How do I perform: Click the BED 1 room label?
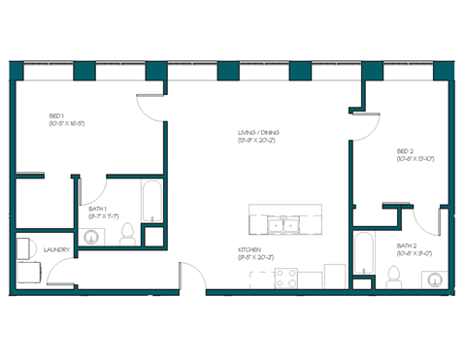pyautogui.click(x=56, y=115)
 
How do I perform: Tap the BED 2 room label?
pyautogui.click(x=405, y=151)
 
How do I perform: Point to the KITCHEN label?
pyautogui.click(x=250, y=249)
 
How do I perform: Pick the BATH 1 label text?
pyautogui.click(x=97, y=209)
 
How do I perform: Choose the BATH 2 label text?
pyautogui.click(x=406, y=246)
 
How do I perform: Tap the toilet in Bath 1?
pyautogui.click(x=126, y=233)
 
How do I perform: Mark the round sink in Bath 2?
pyautogui.click(x=431, y=279)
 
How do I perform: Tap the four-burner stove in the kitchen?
pyautogui.click(x=285, y=278)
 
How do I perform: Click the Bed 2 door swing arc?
pyautogui.click(x=365, y=124)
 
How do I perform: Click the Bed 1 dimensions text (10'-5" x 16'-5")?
pyautogui.click(x=68, y=123)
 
